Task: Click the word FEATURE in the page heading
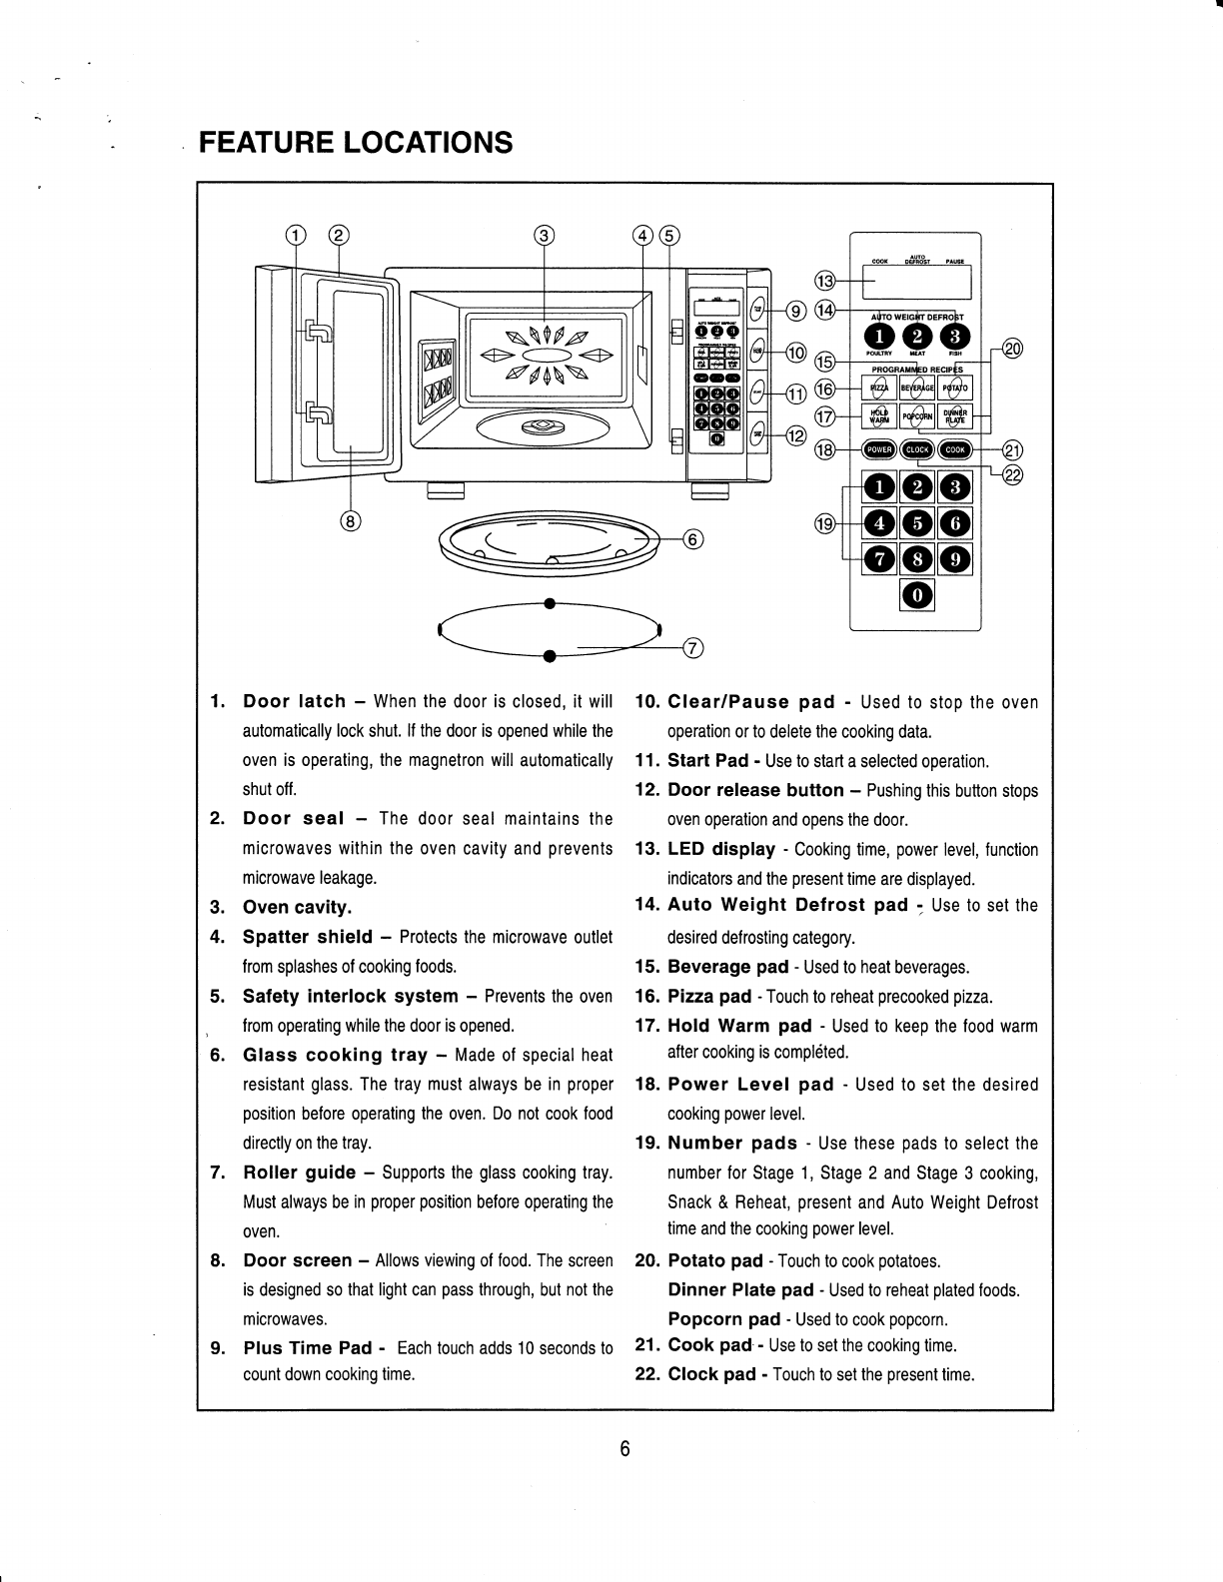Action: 266,143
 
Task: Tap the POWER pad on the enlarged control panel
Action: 880,450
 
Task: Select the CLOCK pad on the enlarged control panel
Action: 917,450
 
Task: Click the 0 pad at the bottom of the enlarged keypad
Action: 917,597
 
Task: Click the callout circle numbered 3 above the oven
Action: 543,236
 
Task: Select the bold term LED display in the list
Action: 721,850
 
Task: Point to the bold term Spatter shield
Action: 308,937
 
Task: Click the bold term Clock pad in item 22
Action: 711,1374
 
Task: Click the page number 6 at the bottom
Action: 623,1449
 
